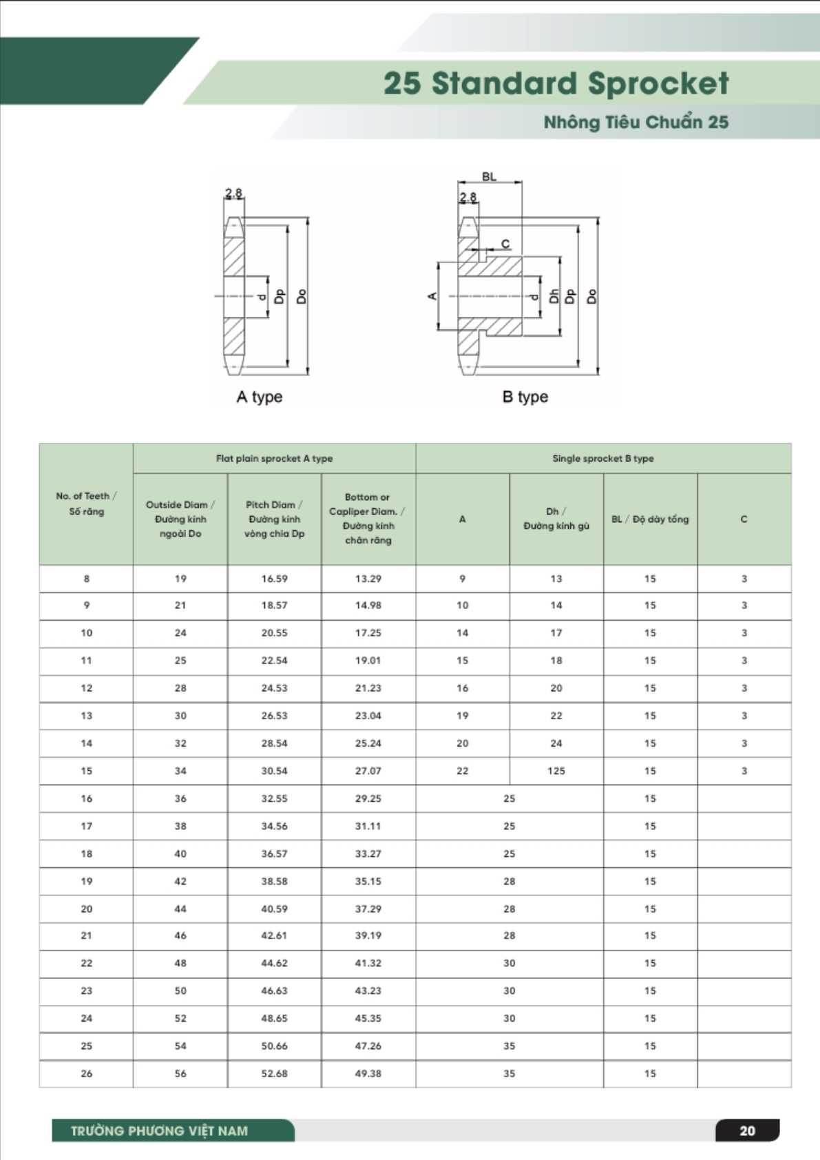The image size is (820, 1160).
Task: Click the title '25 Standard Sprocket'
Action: point(556,83)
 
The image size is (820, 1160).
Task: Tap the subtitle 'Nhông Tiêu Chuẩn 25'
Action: point(635,122)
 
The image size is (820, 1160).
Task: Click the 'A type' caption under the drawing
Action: point(259,397)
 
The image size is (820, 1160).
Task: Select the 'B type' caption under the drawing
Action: point(525,397)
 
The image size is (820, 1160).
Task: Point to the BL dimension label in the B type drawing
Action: point(489,177)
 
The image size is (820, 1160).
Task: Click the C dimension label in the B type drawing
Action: point(505,244)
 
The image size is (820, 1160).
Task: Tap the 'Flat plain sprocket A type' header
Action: point(274,458)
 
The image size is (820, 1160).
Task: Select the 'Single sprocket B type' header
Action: point(603,458)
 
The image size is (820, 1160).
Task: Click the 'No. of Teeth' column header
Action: point(86,504)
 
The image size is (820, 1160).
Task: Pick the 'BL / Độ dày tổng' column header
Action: point(650,519)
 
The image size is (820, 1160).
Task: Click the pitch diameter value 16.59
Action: point(274,579)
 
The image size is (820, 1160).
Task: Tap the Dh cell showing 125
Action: point(556,771)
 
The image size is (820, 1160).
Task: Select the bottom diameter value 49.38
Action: point(368,1073)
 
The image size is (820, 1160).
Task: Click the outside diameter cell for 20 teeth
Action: point(180,909)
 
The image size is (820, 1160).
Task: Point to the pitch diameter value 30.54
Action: point(274,771)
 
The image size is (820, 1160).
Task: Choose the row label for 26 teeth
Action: point(86,1073)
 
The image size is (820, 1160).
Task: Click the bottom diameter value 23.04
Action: point(368,716)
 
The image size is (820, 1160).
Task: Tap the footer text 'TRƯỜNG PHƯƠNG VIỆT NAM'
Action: point(159,1130)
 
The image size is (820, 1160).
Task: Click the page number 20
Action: point(747,1130)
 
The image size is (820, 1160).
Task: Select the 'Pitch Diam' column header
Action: point(274,519)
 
